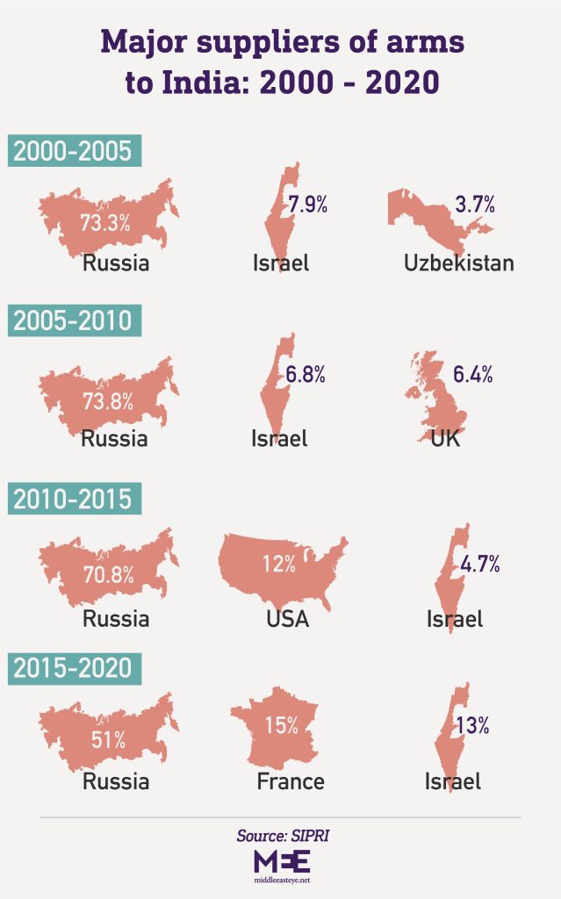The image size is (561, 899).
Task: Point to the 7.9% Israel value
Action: click(307, 206)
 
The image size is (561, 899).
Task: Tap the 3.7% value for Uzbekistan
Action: click(475, 206)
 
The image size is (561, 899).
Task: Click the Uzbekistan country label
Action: click(458, 263)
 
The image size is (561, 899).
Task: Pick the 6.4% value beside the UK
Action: click(473, 375)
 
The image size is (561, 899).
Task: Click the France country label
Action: click(291, 781)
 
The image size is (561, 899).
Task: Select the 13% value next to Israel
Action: click(472, 726)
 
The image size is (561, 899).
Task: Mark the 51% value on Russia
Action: click(106, 739)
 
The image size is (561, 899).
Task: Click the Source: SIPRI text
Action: click(281, 836)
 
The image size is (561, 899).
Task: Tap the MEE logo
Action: click(280, 860)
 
